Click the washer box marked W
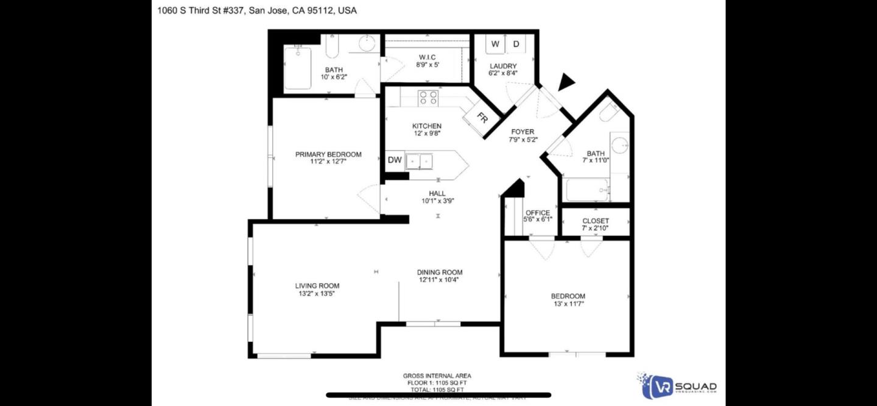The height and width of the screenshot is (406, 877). coord(495,44)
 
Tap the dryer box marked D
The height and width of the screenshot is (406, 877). coord(516,44)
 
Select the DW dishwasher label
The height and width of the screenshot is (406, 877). coord(395,160)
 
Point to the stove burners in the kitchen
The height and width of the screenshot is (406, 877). coord(428,98)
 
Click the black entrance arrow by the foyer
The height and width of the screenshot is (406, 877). coord(566,82)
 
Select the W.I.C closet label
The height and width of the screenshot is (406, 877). coord(427,57)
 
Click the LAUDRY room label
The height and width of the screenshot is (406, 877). coord(503,66)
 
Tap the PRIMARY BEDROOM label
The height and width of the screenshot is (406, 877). coord(328,154)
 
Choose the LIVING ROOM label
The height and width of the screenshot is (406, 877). coord(317,285)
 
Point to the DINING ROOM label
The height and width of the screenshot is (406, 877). coord(440,272)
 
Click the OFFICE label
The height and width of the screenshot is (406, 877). coord(538,213)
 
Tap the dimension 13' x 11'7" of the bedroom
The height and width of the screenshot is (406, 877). coord(568,304)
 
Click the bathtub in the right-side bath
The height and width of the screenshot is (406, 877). coord(587,190)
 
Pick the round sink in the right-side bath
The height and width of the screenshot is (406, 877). coord(620,145)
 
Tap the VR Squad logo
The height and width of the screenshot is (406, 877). coord(677,386)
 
